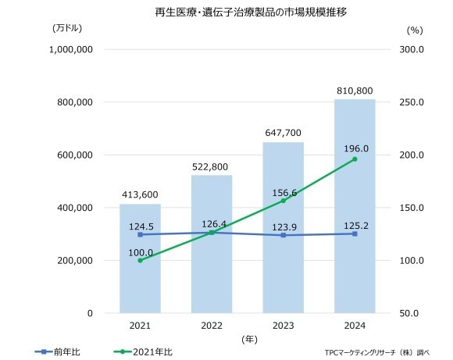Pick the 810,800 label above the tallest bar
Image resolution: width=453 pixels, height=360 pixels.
pos(355,91)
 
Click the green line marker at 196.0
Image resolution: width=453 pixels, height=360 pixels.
pos(355,159)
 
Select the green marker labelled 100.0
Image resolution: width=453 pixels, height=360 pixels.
pos(140,260)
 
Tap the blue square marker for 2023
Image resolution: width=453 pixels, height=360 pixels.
pos(284,235)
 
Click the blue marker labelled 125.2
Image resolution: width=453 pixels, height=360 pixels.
pos(355,233)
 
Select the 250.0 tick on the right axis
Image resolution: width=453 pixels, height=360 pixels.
pos(412,102)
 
